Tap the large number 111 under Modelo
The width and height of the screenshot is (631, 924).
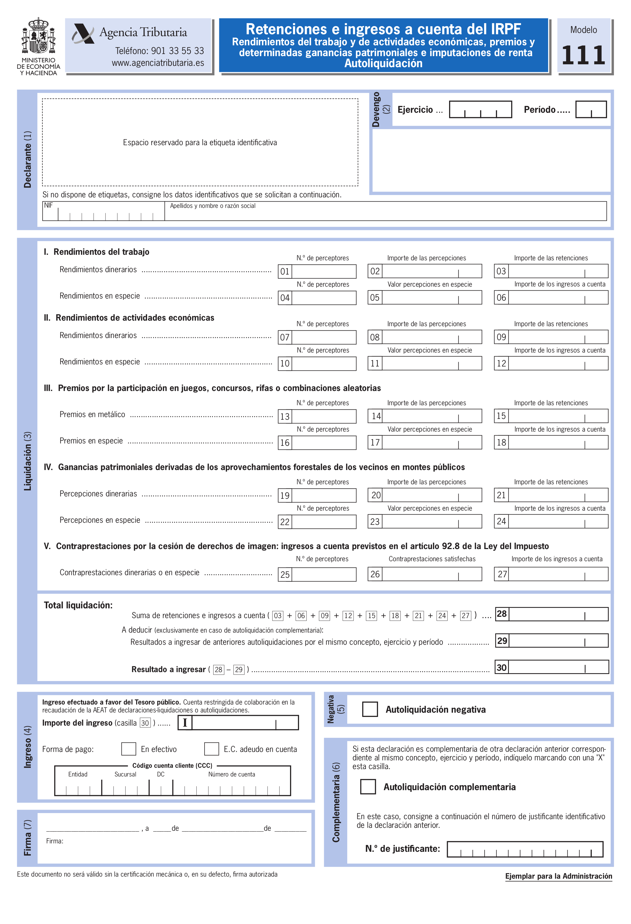pos(583,55)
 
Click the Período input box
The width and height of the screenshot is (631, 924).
pos(591,109)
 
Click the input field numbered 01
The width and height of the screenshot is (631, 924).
pos(324,272)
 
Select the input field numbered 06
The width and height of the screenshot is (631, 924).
pos(558,298)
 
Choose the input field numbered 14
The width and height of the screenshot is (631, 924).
pos(431,416)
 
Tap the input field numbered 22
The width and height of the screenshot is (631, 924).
pos(324,522)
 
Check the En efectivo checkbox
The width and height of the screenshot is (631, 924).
pos(129,749)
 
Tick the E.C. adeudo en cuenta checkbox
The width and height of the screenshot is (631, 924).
pos(211,749)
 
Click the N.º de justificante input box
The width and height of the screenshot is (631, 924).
pos(525,849)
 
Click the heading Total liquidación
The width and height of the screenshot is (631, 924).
pos(78,605)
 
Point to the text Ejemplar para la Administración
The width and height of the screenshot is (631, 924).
pos(558,876)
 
